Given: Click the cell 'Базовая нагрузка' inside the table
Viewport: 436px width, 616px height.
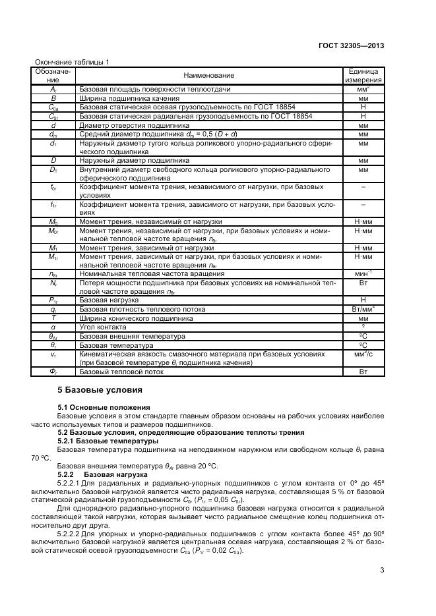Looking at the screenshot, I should pyautogui.click(x=109, y=300).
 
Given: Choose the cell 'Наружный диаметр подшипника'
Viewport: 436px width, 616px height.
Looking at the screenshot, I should pyautogui.click(x=134, y=159).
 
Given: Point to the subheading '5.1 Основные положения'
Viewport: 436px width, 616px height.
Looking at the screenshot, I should pyautogui.click(x=104, y=408).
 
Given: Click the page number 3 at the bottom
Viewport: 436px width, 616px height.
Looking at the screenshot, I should pyautogui.click(x=382, y=571).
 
